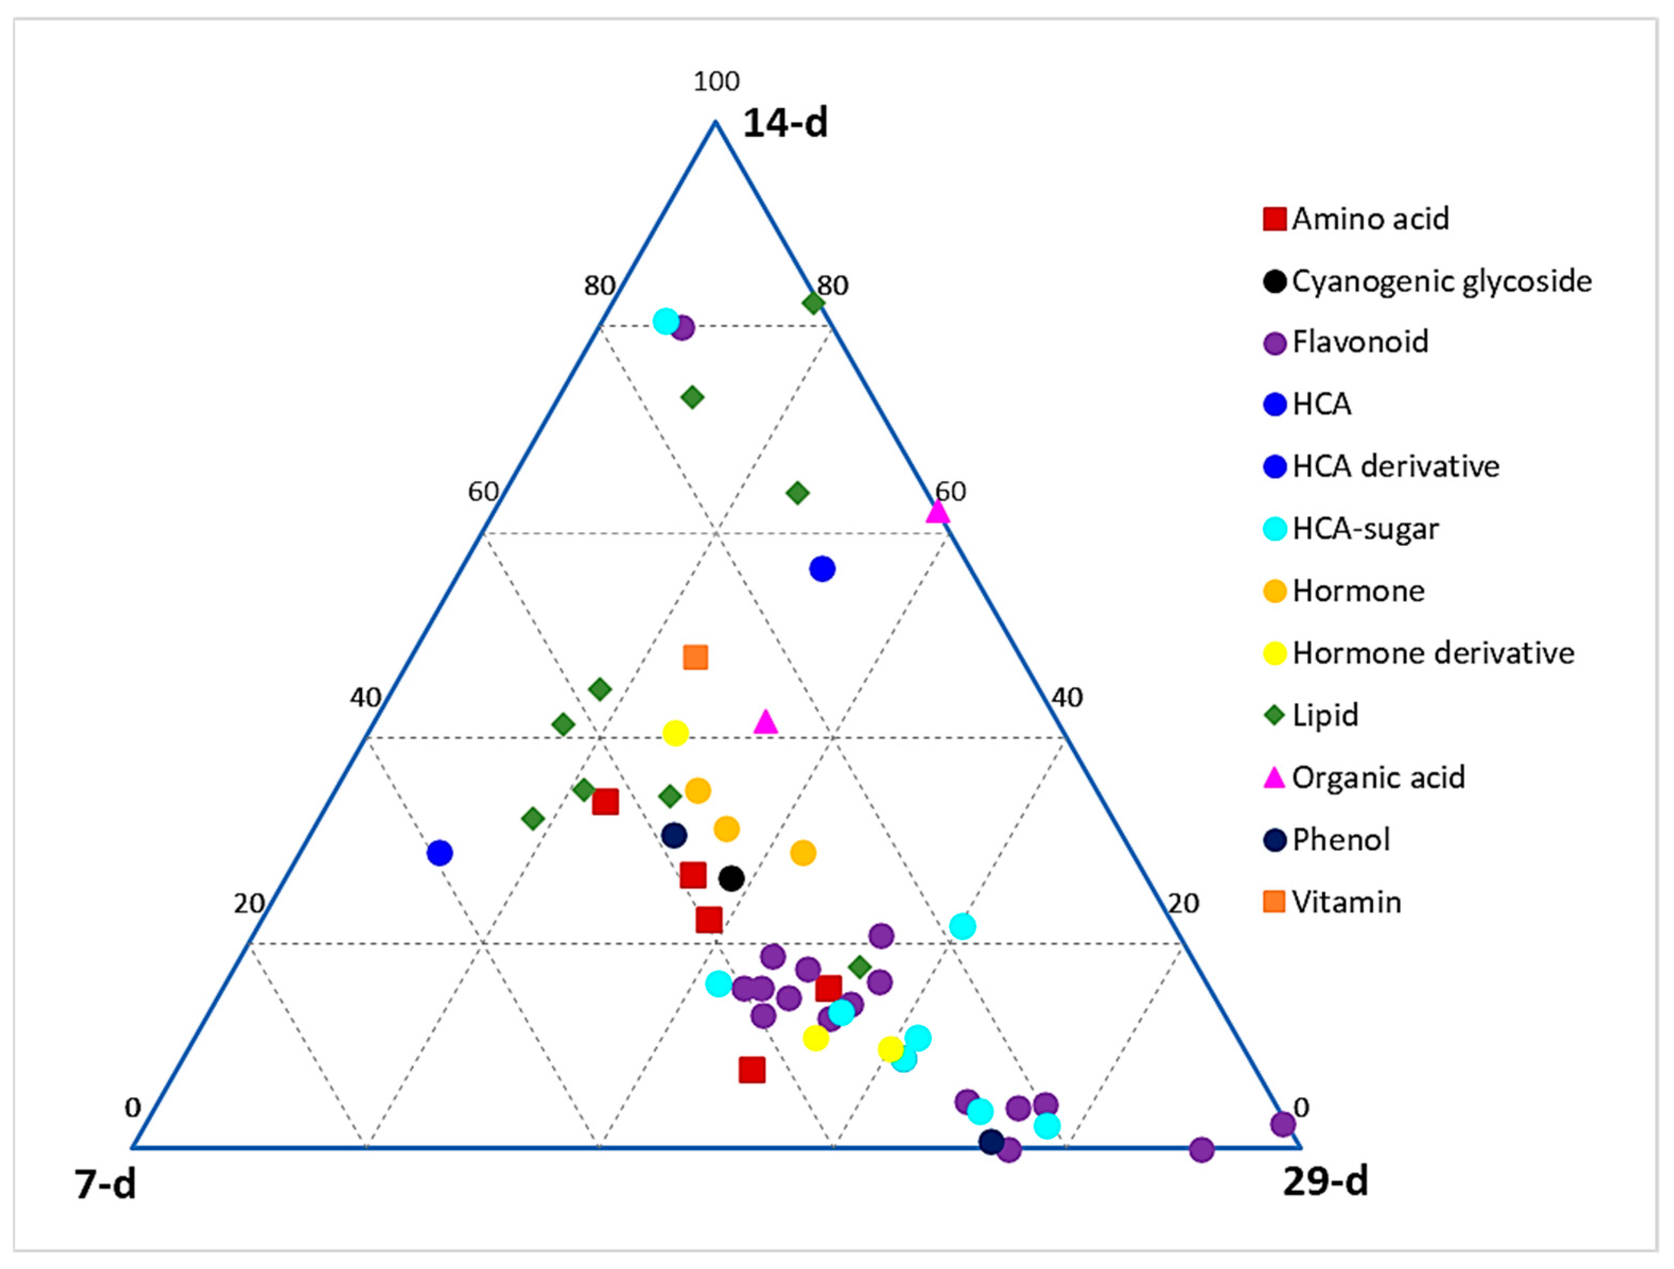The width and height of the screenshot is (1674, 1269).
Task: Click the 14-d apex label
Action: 785,123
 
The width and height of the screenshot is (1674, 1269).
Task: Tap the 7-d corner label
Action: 105,1184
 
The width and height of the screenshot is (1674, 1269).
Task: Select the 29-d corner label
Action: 1325,1181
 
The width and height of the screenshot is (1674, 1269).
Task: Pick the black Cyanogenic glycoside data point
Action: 731,879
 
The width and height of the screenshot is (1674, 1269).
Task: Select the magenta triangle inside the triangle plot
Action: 766,723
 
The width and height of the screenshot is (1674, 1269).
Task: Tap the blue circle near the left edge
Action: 440,853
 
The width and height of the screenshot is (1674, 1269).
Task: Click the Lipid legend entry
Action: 1324,715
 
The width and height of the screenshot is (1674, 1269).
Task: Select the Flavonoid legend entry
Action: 1359,342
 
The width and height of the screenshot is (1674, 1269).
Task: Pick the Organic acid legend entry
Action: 1377,777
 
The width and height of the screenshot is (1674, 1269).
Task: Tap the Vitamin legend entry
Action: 1346,902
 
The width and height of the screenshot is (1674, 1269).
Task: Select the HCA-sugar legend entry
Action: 1364,528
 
